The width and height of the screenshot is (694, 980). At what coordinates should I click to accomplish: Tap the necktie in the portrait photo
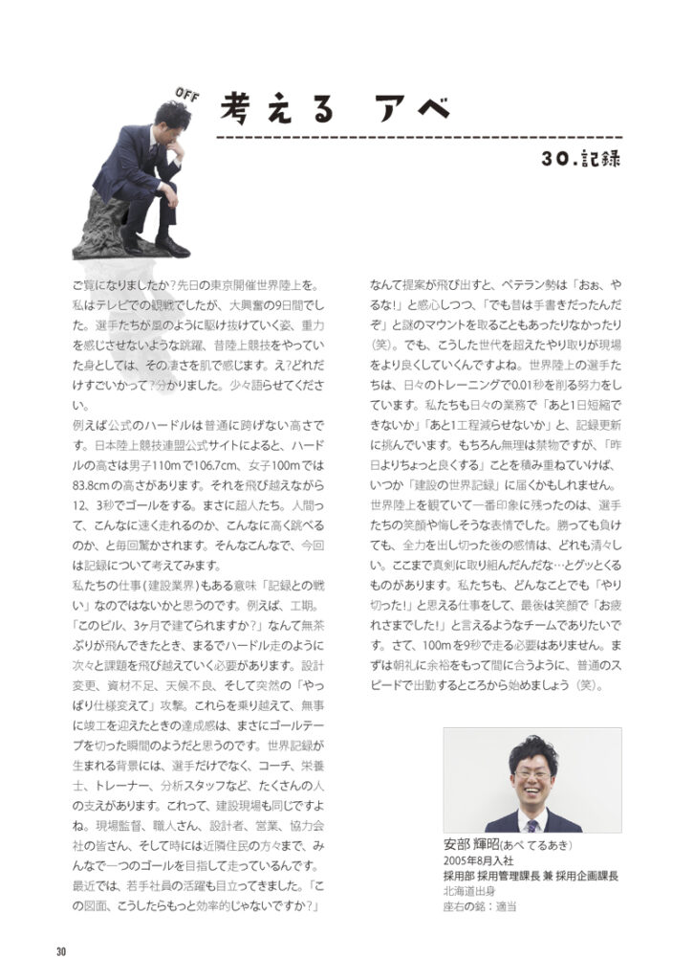(531, 823)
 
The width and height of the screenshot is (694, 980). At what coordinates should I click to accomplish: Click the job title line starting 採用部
(531, 876)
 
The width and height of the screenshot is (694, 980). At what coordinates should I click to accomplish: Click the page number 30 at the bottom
(61, 950)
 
